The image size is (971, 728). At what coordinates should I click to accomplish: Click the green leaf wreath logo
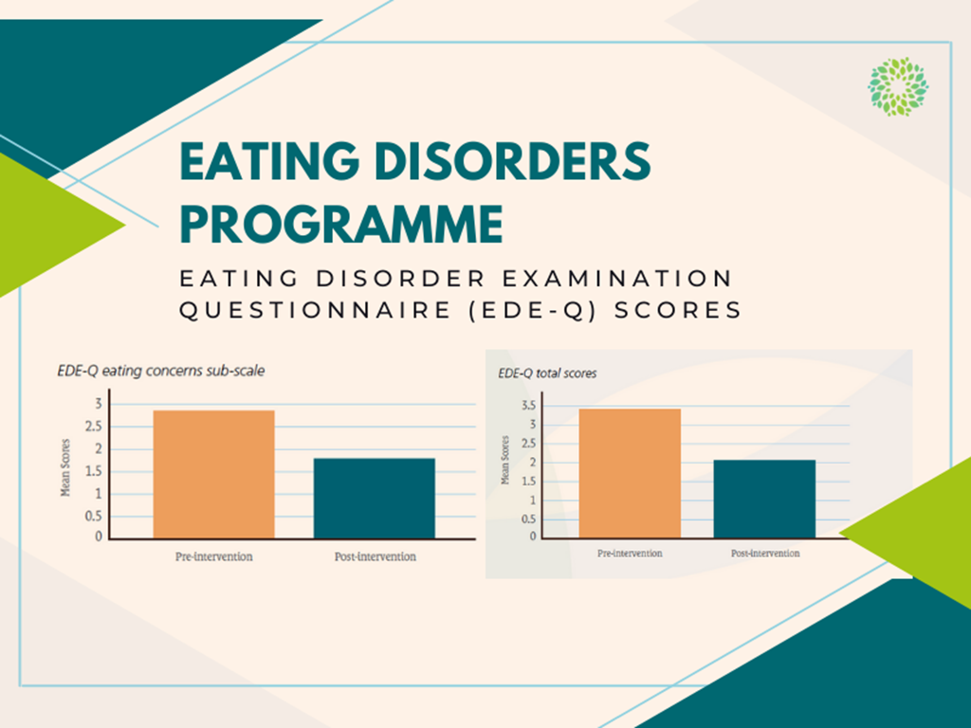898,86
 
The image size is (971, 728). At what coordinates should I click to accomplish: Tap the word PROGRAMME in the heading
341,224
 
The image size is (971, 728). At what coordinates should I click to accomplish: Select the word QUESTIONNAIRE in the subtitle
315,310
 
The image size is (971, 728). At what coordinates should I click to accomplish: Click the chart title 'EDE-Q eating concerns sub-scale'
161,371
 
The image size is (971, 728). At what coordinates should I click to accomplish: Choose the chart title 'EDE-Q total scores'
547,373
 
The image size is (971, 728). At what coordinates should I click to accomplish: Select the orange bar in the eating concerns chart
213,474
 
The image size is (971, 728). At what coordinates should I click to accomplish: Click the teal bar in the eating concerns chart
374,499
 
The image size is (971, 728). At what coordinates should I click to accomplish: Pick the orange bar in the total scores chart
630,473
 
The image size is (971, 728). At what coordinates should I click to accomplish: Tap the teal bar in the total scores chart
765,499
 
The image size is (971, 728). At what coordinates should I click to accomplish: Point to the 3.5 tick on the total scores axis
529,406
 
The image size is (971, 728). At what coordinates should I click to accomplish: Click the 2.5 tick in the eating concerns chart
94,427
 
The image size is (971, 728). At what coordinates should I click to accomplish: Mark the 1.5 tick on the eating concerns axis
94,472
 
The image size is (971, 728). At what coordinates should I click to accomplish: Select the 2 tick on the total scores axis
533,463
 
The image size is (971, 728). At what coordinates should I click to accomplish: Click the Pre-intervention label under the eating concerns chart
213,556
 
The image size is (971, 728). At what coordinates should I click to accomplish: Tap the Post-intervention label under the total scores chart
765,554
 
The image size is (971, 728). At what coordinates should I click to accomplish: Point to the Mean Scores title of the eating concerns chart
65,468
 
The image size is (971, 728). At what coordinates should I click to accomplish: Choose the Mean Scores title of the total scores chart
504,460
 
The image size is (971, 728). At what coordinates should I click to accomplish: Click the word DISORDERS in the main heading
513,161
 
